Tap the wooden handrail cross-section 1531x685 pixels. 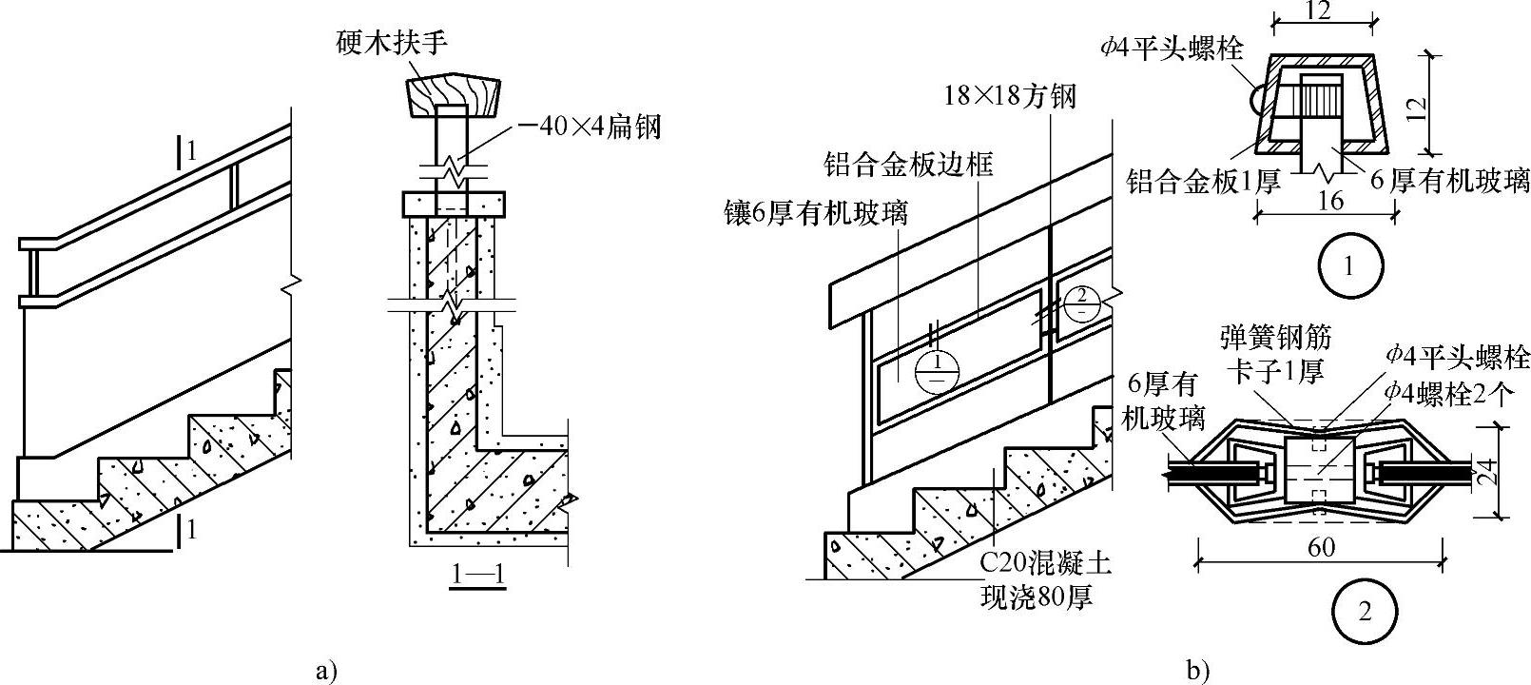pyautogui.click(x=453, y=96)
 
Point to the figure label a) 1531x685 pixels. pyautogui.click(x=326, y=671)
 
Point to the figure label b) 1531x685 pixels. pyautogui.click(x=1198, y=671)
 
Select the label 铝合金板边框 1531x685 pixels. pyautogui.click(x=908, y=165)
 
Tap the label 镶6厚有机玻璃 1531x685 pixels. pyautogui.click(x=814, y=212)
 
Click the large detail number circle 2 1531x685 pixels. pyautogui.click(x=1365, y=613)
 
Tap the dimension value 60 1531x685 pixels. pyautogui.click(x=1321, y=547)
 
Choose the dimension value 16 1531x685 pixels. pyautogui.click(x=1331, y=201)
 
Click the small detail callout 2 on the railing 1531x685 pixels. pyautogui.click(x=1080, y=302)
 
